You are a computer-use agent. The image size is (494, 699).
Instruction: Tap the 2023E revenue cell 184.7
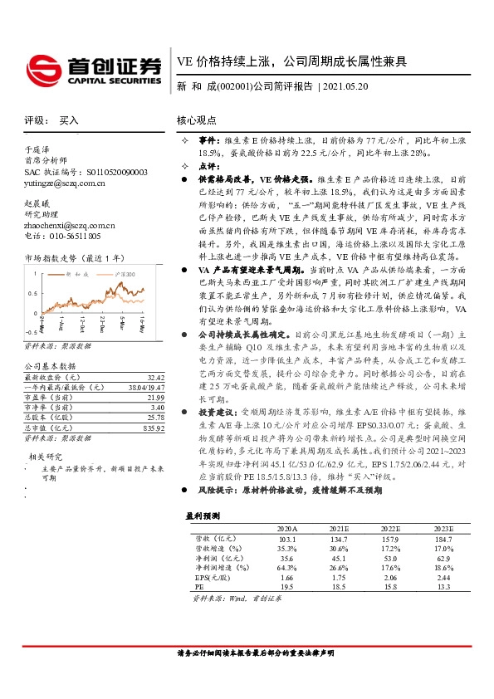pyautogui.click(x=444, y=538)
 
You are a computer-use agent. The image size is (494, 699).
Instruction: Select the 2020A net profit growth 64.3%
pyautogui.click(x=286, y=568)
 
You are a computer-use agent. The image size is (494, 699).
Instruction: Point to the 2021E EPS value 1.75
pyautogui.click(x=339, y=578)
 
